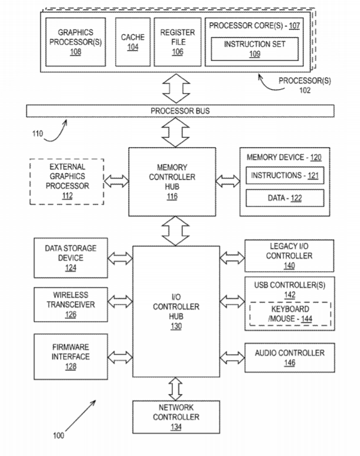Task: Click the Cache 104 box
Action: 133,42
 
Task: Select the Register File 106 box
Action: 178,42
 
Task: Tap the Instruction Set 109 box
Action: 254,49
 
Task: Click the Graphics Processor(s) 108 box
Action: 76,42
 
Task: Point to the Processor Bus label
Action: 180,111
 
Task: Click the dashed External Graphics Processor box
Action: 67,181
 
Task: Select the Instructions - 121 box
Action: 284,175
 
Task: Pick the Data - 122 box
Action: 284,198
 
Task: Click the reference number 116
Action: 172,196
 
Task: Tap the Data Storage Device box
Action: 71,258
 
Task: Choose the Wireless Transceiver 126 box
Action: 71,304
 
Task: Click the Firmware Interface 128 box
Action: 71,357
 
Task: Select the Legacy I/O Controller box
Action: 289,256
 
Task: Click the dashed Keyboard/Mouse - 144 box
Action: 290,314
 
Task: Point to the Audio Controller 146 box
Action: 290,358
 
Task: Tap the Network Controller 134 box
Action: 176,417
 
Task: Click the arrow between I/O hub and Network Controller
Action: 175,389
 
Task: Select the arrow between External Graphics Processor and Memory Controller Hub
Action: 116,181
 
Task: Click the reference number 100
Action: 58,435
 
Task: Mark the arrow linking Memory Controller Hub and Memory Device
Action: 228,181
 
